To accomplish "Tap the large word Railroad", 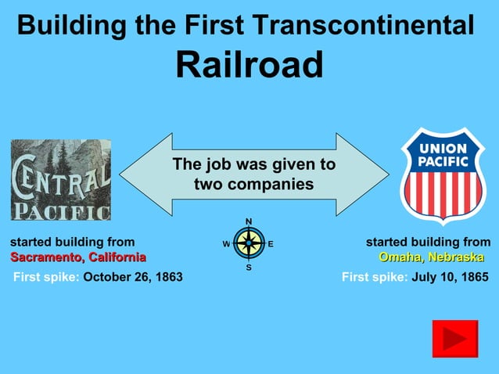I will pyautogui.click(x=249, y=64).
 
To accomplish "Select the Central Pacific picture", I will pyautogui.click(x=60, y=180).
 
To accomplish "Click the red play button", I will pyautogui.click(x=454, y=339).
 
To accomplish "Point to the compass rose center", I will pyautogui.click(x=249, y=243).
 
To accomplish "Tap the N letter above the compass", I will pyautogui.click(x=249, y=221).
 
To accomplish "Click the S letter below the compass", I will pyautogui.click(x=249, y=268).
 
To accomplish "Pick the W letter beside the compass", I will pyautogui.click(x=226, y=244).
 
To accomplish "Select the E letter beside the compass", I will pyautogui.click(x=271, y=244).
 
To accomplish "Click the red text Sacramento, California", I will pyautogui.click(x=78, y=257).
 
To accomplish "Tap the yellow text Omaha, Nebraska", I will pyautogui.click(x=431, y=257).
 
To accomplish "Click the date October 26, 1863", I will pyautogui.click(x=133, y=277).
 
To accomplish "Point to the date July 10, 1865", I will pyautogui.click(x=450, y=277).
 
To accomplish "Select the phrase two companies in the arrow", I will pyautogui.click(x=253, y=185).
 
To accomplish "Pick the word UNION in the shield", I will pyautogui.click(x=443, y=149).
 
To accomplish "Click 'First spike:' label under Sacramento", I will pyautogui.click(x=46, y=277).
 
